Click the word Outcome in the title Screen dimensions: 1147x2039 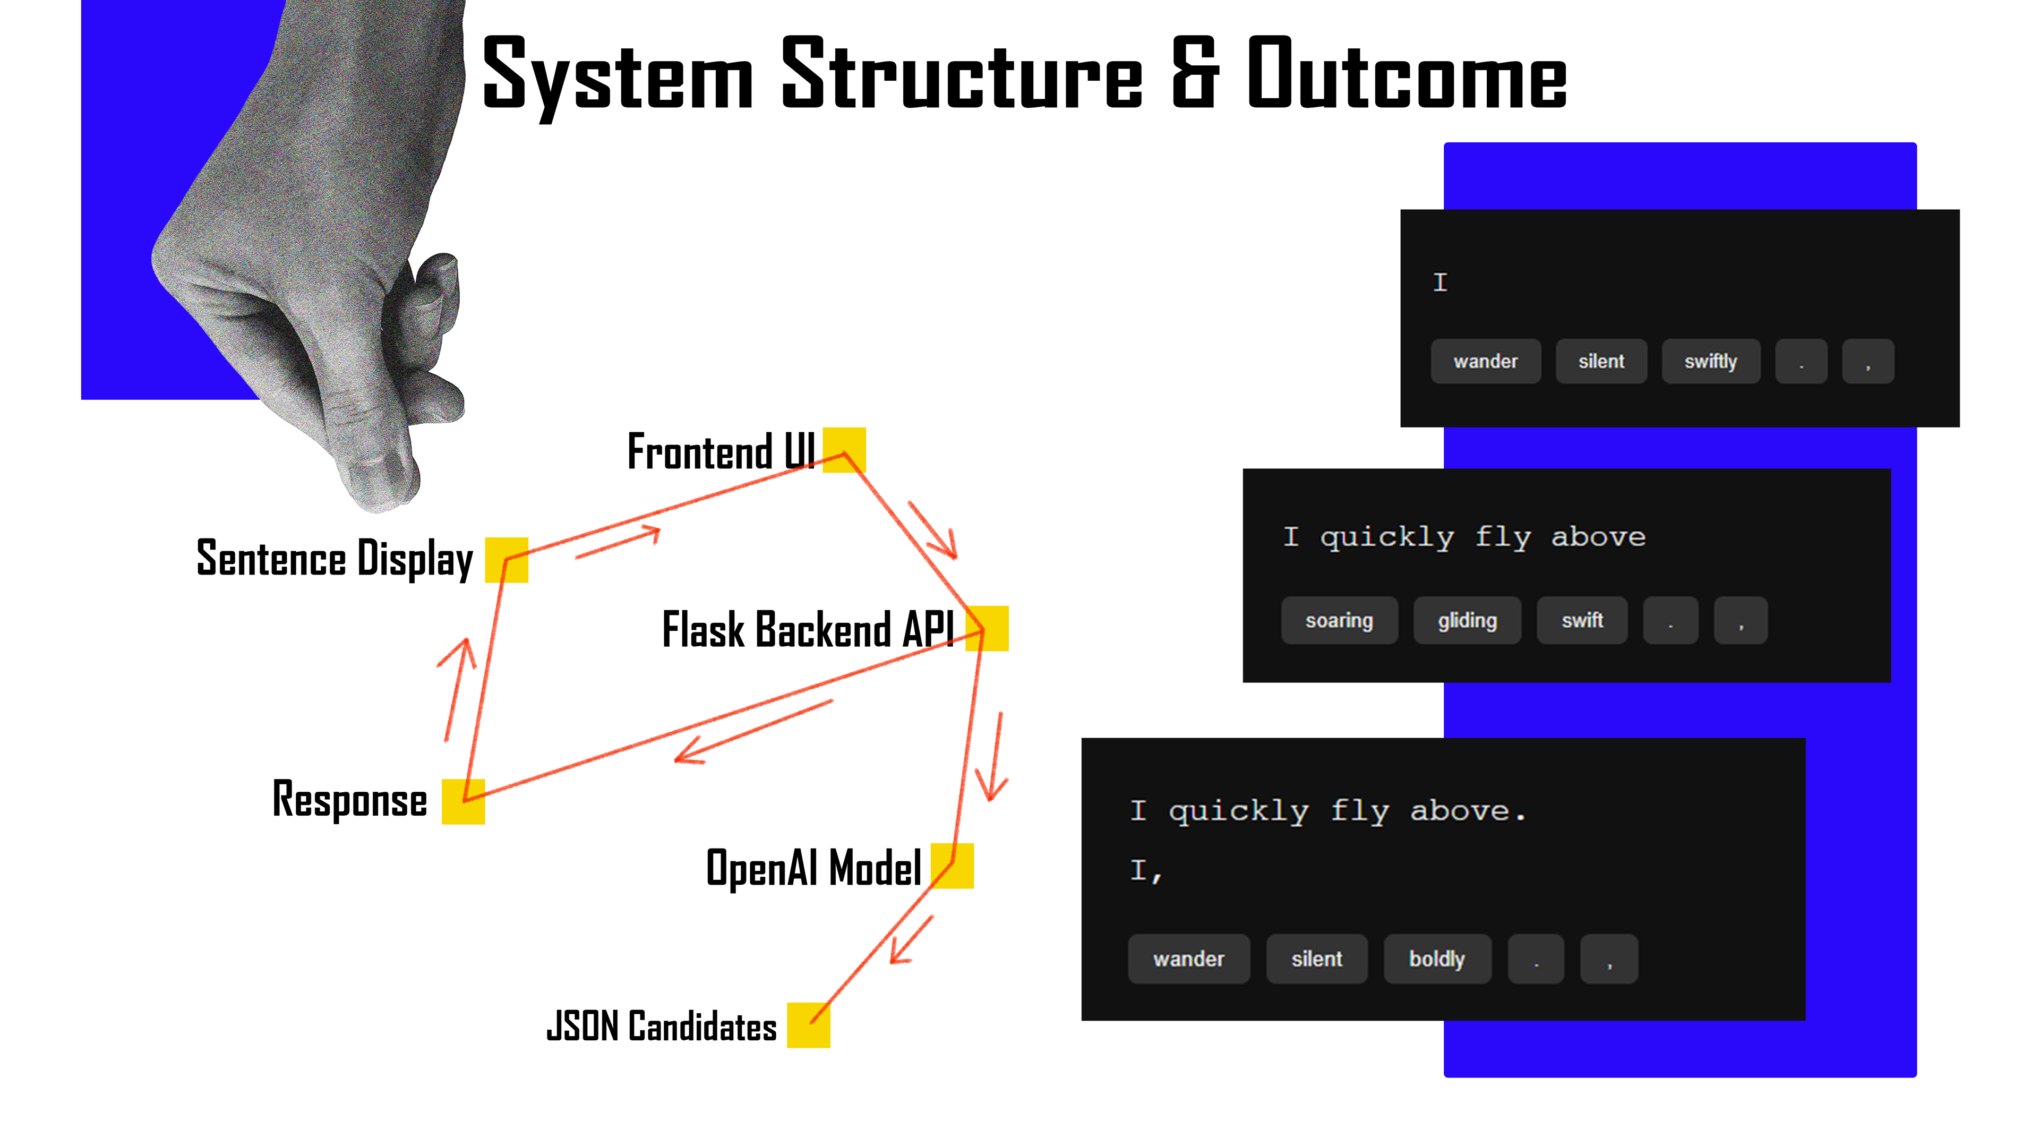pos(1407,75)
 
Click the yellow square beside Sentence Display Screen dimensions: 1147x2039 pos(507,560)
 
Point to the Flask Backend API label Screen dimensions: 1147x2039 pos(807,630)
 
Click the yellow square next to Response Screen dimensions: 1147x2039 pos(463,801)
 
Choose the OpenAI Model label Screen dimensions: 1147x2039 pos(813,868)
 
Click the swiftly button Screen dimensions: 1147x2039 pos(1710,362)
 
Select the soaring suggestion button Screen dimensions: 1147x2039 pos(1339,621)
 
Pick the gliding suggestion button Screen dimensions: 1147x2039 pos(1467,621)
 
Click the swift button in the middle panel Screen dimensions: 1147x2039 pos(1581,621)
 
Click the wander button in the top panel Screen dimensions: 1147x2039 pos(1485,362)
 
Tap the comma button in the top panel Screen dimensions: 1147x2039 pos(1867,362)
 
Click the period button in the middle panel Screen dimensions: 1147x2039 pos(1670,621)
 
